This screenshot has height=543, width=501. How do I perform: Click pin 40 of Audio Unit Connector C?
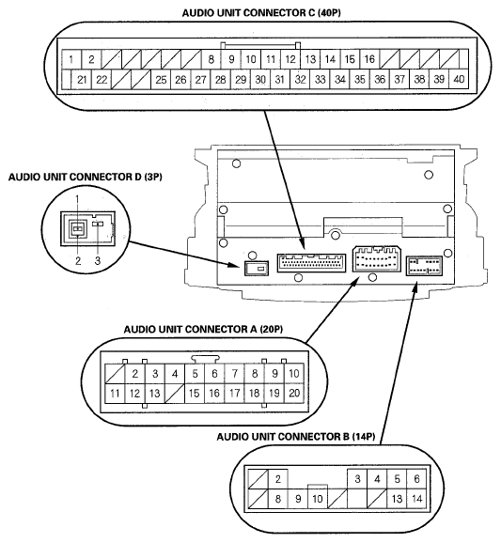[x=459, y=79]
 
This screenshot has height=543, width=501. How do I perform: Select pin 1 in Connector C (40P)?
[x=71, y=59]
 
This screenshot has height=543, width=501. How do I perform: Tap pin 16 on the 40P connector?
[x=369, y=59]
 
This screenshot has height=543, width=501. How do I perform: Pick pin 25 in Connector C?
[x=161, y=80]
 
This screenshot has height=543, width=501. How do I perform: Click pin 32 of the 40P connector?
[x=300, y=80]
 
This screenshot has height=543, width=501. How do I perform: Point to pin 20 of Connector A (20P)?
[x=294, y=393]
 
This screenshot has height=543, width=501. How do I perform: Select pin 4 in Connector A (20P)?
[x=175, y=374]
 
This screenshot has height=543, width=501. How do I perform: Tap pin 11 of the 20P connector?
[x=115, y=393]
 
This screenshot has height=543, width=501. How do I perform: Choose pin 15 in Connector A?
[x=195, y=393]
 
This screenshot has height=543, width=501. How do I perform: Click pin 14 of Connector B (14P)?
[x=416, y=499]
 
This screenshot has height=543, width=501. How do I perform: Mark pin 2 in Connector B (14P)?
[x=278, y=479]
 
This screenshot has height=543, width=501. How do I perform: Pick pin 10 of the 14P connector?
[x=318, y=499]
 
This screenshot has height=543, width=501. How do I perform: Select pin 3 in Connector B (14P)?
[x=357, y=479]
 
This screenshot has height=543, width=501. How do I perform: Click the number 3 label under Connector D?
[x=98, y=260]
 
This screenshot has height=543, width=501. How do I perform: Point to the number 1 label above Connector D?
[x=77, y=199]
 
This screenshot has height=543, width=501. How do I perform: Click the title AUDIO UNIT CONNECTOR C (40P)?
[x=261, y=13]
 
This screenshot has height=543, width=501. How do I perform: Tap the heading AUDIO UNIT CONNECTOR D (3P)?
[x=85, y=177]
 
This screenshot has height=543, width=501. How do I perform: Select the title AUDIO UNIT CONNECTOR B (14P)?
[x=296, y=437]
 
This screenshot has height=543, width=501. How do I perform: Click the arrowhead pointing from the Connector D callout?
[x=235, y=266]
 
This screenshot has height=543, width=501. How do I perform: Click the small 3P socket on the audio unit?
[x=257, y=268]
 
